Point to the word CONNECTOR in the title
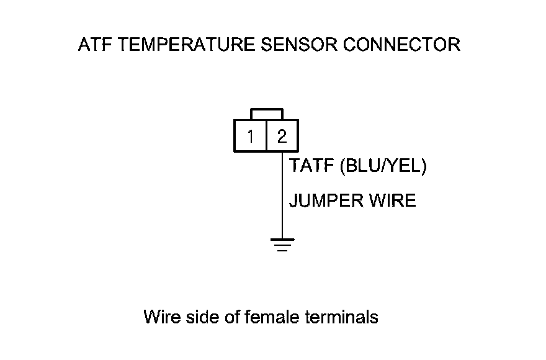(402, 45)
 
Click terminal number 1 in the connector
(251, 137)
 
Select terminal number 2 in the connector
(282, 137)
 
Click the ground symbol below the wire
(282, 245)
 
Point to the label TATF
(311, 165)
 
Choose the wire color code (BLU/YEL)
(383, 166)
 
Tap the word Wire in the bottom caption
(163, 317)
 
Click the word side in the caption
(202, 317)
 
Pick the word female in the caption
(272, 317)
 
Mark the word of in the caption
(231, 317)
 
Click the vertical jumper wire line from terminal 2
(282, 195)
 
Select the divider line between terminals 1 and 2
(266, 136)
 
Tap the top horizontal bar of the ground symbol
(282, 240)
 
